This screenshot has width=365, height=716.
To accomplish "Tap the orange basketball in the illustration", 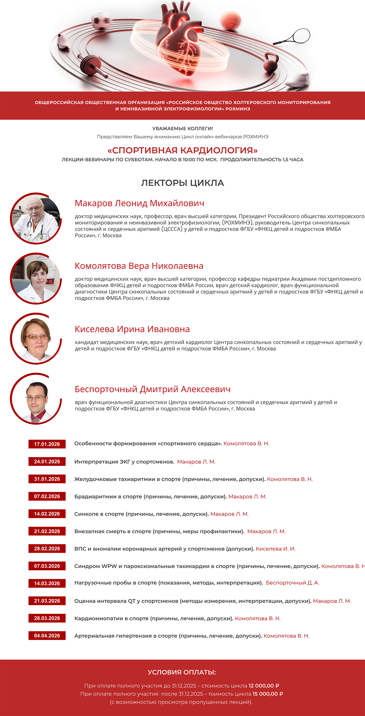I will pos(230,20).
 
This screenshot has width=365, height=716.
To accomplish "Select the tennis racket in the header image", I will pos(295,37).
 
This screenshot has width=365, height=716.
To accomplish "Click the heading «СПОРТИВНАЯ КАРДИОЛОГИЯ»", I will pos(182,150).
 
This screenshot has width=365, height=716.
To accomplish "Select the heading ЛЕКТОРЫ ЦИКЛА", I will pos(182,183).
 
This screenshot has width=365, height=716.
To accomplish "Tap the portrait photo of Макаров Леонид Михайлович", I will pos(36,218).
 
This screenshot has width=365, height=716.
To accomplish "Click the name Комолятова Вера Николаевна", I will pos(139,266).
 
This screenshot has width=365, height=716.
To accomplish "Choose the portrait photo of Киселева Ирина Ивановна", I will pos(36,339).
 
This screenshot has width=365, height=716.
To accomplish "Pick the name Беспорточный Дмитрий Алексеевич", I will pos(153,389).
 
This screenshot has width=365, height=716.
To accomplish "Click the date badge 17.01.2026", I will pos(47,444).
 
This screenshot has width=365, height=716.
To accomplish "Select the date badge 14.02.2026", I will pos(47,514).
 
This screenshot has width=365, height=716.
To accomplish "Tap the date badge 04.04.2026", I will pos(47,636).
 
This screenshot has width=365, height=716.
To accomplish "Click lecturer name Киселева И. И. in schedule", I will pos(275,549).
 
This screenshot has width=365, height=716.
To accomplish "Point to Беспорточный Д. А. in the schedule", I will pos(292,583).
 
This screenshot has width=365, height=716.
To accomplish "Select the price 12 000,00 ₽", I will pos(264,686).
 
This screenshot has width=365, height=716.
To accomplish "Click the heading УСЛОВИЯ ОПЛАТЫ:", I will pos(182,672).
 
